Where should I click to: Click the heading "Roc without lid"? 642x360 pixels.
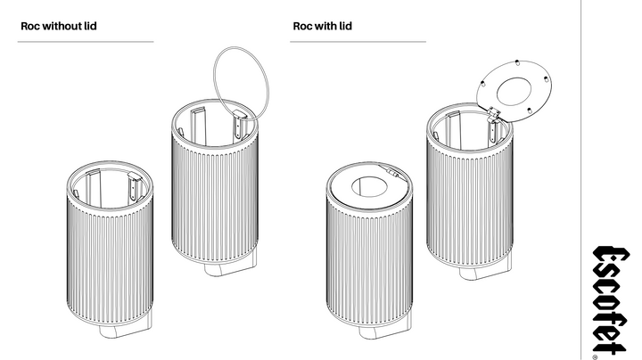58,26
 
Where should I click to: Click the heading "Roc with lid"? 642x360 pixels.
322,26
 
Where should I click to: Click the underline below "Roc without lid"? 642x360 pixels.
86,41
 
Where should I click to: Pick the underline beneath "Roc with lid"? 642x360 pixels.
358,41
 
